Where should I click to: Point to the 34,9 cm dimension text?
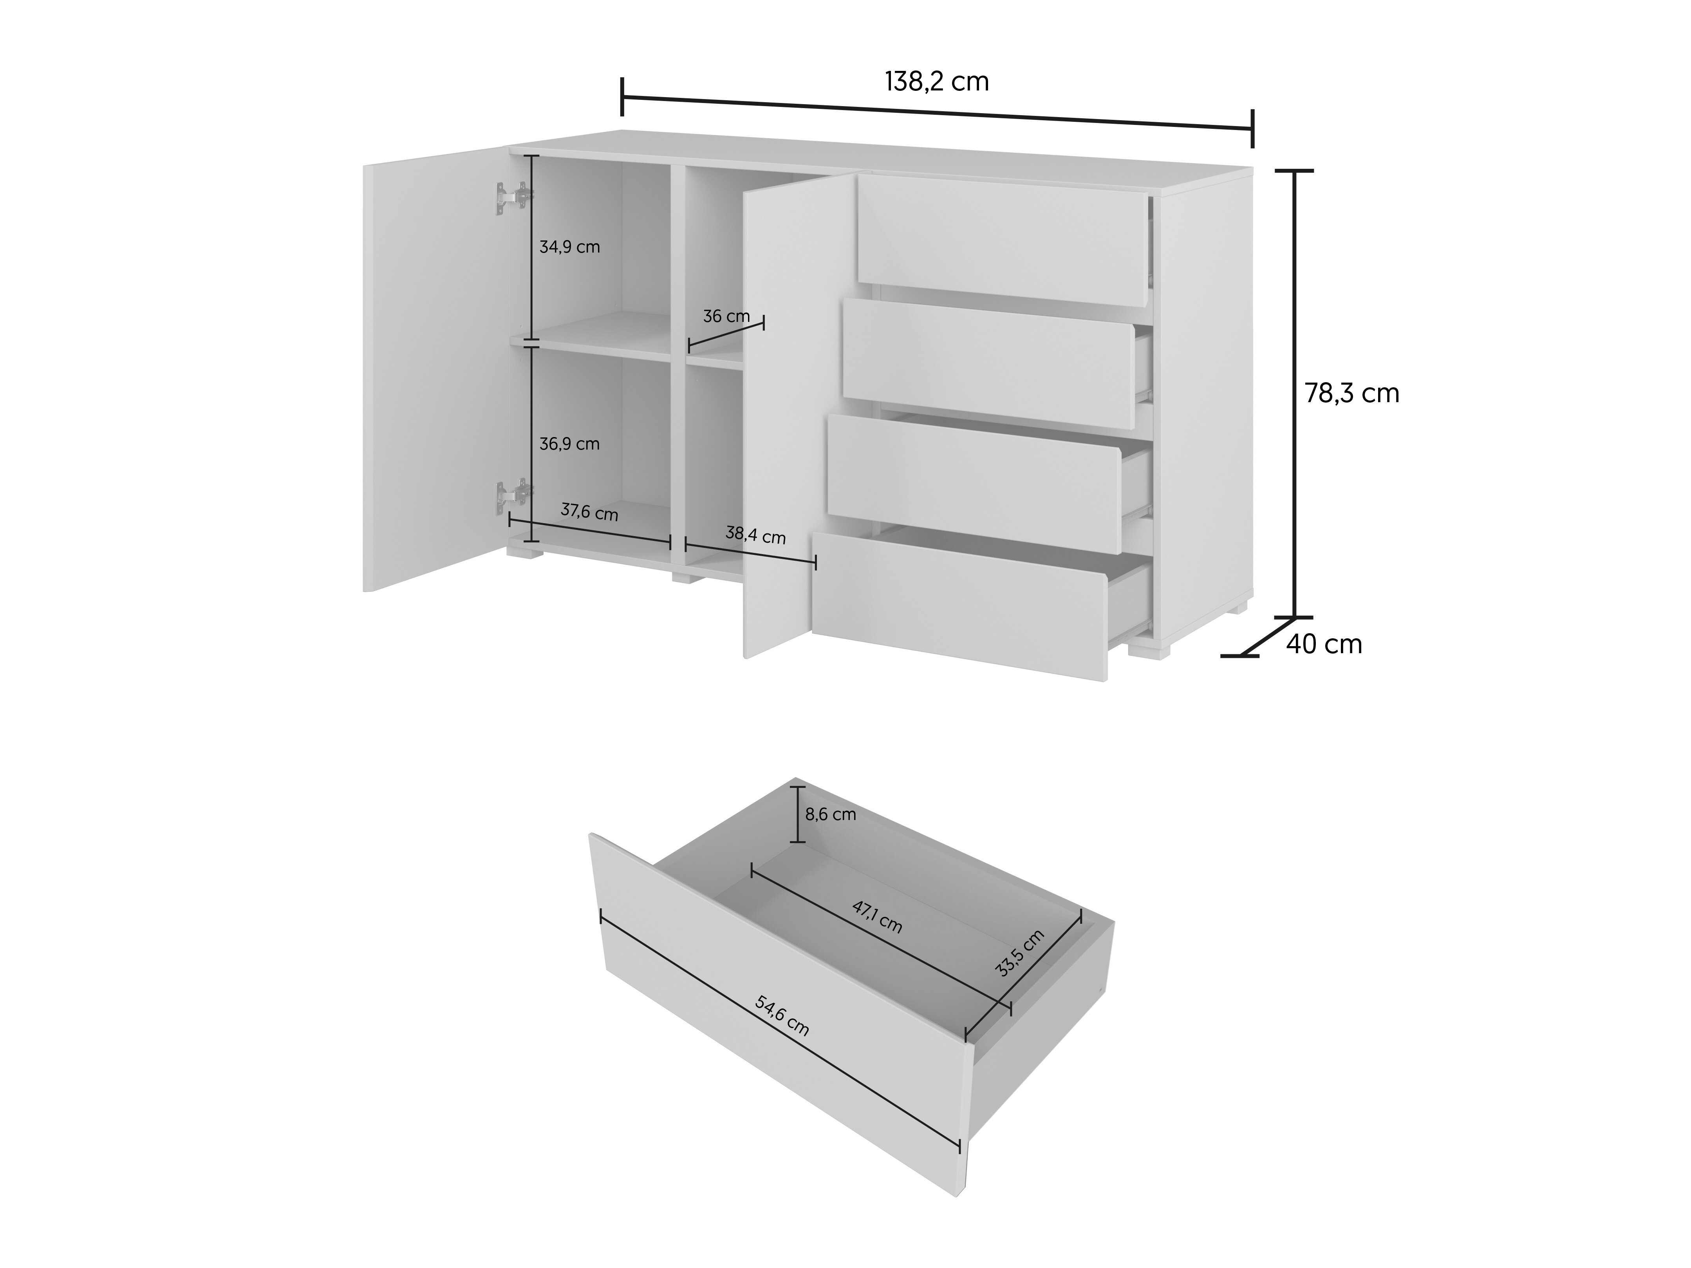(x=569, y=247)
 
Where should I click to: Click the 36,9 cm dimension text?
(x=569, y=443)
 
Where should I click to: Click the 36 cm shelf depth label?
(x=726, y=316)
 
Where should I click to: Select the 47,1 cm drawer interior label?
(x=878, y=917)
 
